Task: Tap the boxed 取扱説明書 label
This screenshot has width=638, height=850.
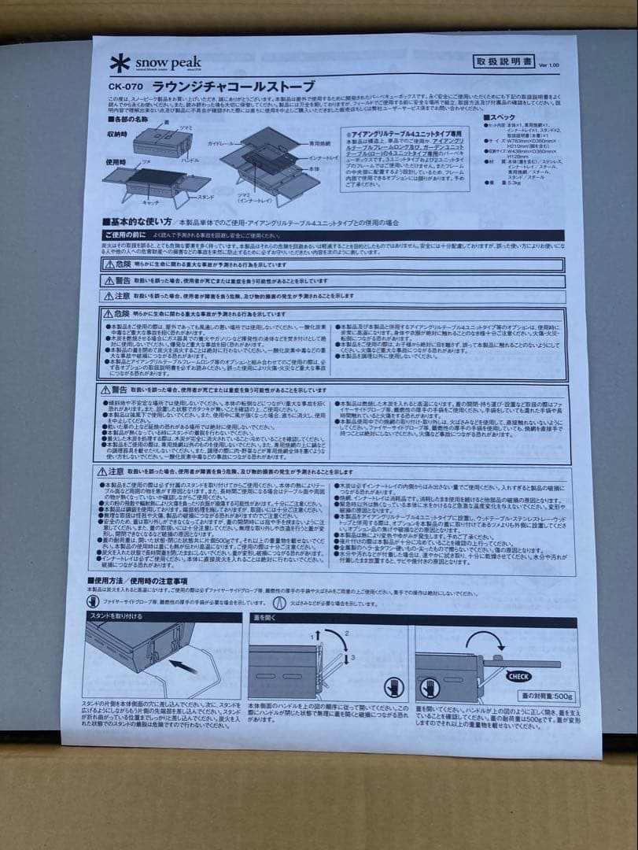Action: [x=503, y=62]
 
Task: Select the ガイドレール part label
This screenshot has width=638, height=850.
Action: [x=223, y=145]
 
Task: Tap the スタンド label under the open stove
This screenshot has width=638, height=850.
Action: [x=205, y=195]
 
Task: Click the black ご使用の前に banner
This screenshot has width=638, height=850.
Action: [x=126, y=235]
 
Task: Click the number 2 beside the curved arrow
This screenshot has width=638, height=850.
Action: [x=345, y=633]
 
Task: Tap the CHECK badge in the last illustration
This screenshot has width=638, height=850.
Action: [x=518, y=676]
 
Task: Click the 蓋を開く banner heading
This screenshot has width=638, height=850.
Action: [x=264, y=617]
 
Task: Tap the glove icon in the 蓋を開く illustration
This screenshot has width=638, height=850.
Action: [x=393, y=686]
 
